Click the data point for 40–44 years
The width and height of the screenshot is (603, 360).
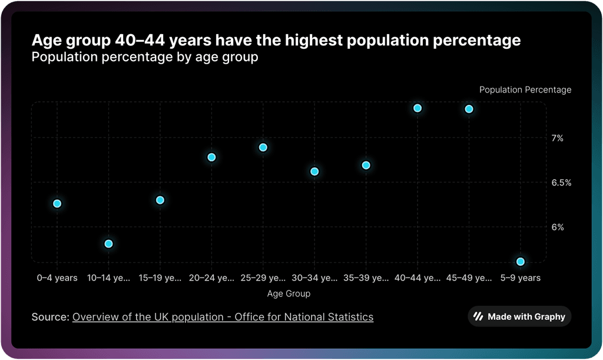[x=418, y=108]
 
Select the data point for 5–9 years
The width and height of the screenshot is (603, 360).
[x=521, y=262]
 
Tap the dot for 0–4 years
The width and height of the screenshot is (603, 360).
[x=57, y=204]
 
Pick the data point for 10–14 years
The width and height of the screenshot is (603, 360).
[x=108, y=244]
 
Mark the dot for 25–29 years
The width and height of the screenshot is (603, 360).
[x=263, y=147]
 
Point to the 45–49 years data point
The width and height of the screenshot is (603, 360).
[x=469, y=109]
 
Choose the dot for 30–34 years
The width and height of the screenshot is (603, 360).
[x=314, y=171]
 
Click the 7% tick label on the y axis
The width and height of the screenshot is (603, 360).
[x=558, y=138]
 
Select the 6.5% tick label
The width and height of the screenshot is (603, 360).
[x=561, y=183]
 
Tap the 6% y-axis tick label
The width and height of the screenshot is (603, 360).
[x=558, y=227]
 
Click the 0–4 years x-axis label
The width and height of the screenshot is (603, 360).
[x=57, y=278]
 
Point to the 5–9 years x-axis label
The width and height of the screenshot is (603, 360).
[x=521, y=278]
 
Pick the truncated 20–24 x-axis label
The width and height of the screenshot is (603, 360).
[x=211, y=278]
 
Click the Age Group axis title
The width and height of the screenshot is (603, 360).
[x=289, y=293]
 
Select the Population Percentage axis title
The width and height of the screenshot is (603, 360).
[x=525, y=90]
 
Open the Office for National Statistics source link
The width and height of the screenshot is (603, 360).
[x=223, y=317]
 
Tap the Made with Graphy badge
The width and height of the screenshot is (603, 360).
[x=519, y=317]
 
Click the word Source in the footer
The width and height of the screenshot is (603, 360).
[x=50, y=317]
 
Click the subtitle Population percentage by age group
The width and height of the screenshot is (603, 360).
[x=145, y=58]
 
